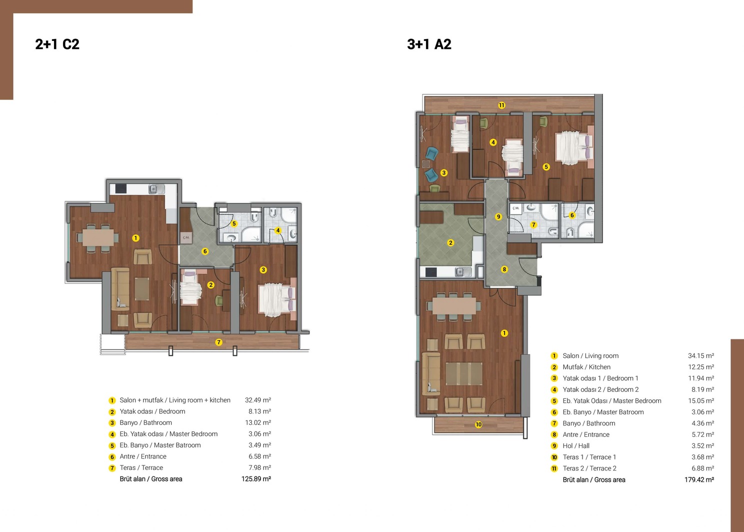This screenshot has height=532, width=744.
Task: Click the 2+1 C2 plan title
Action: [57, 44]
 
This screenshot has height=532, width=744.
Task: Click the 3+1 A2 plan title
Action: [429, 44]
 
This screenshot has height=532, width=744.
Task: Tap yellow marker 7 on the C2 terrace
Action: [218, 342]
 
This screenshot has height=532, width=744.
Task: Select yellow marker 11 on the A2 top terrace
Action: [501, 105]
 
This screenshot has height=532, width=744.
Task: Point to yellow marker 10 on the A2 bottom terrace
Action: [478, 424]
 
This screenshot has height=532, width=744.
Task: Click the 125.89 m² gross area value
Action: [256, 479]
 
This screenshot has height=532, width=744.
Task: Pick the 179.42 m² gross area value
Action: [699, 479]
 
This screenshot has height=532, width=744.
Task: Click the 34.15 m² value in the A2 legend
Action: [701, 356]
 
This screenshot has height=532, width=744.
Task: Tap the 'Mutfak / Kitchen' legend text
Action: [586, 367]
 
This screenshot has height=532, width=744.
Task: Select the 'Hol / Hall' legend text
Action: [576, 446]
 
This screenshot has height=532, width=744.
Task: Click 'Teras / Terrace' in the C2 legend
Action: [141, 467]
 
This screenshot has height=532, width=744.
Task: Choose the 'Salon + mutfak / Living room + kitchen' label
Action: [175, 400]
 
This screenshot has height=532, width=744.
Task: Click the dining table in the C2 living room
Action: [98, 237]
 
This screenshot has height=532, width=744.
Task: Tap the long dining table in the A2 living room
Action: [454, 306]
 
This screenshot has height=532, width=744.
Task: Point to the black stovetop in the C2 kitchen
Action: [121, 189]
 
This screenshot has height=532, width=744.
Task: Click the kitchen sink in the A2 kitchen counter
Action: [460, 272]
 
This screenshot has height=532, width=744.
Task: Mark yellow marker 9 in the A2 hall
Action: [498, 217]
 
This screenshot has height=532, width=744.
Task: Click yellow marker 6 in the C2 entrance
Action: [205, 251]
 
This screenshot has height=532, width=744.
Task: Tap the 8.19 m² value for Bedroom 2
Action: [703, 389]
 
